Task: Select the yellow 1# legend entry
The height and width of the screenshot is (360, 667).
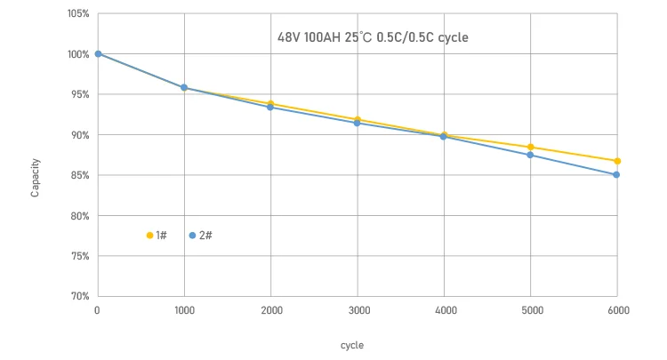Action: [157, 236]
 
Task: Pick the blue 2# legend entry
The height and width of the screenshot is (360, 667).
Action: [200, 236]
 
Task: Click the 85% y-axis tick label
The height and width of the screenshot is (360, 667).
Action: [78, 175]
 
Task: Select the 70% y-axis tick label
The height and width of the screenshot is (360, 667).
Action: [78, 296]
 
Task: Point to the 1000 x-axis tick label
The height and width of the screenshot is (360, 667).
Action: [184, 310]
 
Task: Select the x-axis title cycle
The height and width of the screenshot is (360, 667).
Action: [351, 345]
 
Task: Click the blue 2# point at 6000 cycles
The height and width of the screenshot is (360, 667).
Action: [616, 174]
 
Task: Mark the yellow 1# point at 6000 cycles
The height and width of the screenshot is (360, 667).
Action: [616, 161]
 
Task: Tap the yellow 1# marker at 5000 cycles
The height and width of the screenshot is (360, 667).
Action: [530, 147]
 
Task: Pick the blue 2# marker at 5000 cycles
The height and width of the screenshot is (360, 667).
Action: [530, 155]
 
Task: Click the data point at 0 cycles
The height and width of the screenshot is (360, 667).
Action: [98, 54]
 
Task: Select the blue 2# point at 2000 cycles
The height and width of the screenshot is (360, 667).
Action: [270, 107]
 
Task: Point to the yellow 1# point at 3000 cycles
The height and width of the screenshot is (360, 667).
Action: [357, 119]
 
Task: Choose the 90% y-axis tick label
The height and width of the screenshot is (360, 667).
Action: [78, 135]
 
